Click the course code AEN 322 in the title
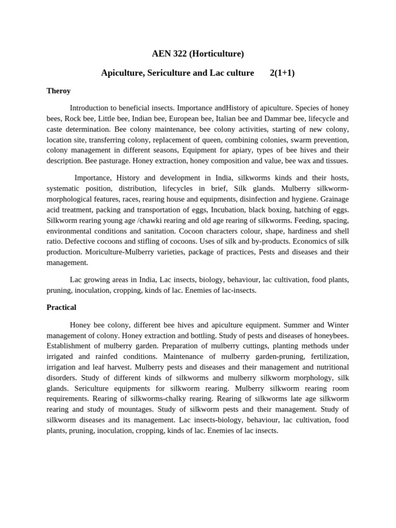tap(169, 53)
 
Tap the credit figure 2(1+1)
tap(282, 73)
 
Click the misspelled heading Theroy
tap(58, 91)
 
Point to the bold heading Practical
tap(61, 307)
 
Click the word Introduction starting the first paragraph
tap(91, 108)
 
